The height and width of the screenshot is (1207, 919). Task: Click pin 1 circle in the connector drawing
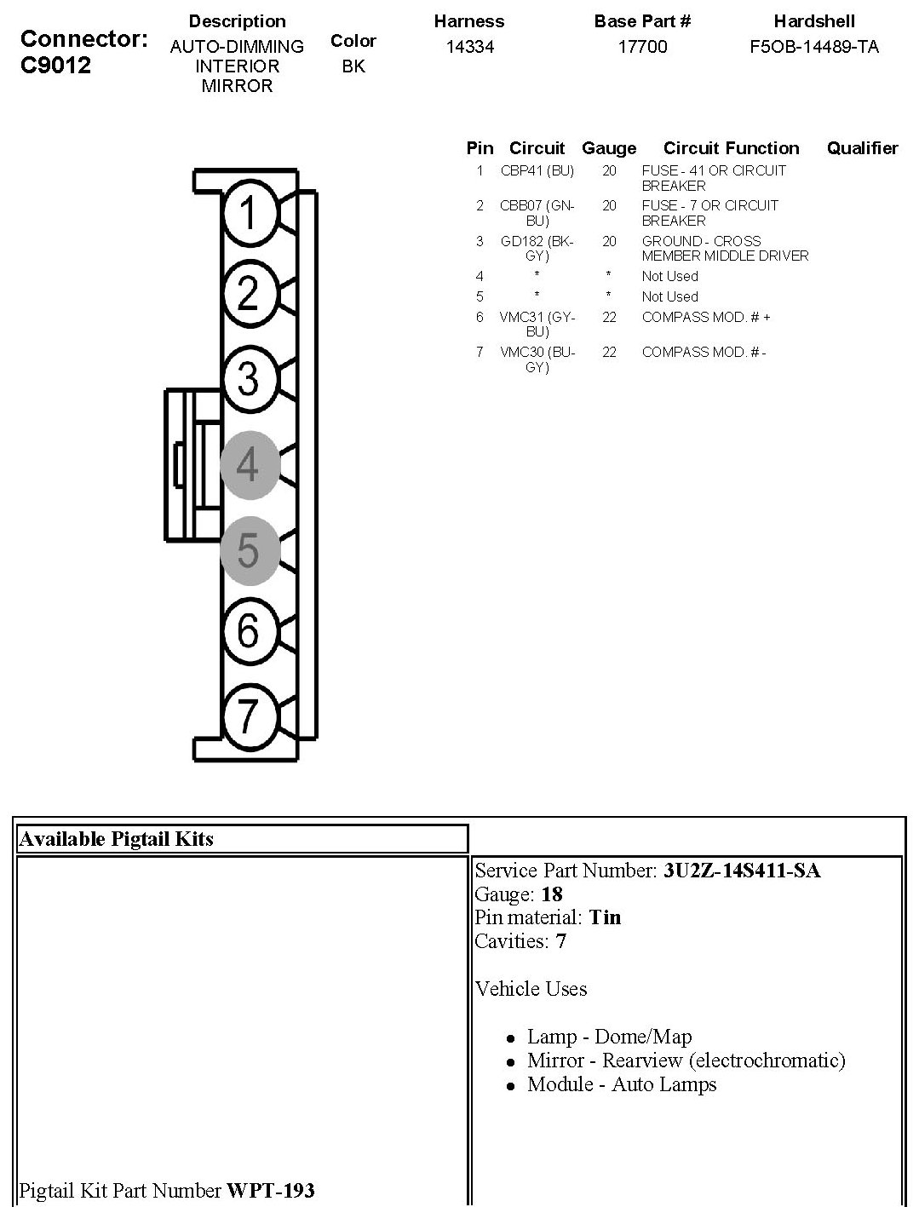click(249, 212)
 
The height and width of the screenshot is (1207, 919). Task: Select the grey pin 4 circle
click(249, 464)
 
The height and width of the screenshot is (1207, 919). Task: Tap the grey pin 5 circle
click(249, 549)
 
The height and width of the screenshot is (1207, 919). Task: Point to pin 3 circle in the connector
click(249, 378)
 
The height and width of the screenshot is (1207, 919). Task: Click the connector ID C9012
click(55, 65)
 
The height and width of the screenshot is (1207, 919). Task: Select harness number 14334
click(469, 47)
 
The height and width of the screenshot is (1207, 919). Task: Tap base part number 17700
click(642, 47)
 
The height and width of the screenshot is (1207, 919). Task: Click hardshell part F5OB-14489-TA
click(814, 47)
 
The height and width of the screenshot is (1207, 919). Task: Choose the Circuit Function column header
click(731, 148)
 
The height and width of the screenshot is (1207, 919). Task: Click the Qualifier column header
click(862, 148)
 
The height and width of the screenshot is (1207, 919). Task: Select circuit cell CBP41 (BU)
click(537, 170)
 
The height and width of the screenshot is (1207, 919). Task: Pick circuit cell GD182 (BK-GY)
click(537, 248)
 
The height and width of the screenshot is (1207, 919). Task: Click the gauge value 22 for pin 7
click(609, 352)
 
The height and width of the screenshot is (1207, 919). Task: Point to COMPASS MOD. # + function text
click(705, 317)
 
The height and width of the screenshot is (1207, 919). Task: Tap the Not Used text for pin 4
click(669, 276)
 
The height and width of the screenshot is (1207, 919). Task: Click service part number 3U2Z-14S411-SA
click(742, 871)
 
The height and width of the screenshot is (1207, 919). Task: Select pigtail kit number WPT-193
click(270, 1190)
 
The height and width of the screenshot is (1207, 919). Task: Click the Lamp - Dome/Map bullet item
click(609, 1037)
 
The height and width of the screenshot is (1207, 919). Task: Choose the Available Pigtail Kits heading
click(116, 839)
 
